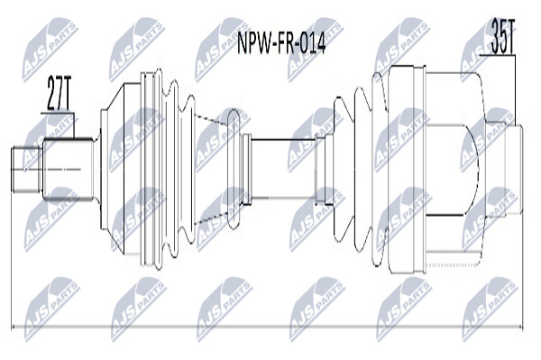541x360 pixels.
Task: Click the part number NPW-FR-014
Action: coord(281,44)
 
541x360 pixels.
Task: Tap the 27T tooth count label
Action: coord(59,94)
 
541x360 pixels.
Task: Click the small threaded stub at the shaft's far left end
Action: coord(26,170)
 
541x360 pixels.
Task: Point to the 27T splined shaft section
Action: coord(68,169)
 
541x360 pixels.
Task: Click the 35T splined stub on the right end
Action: coord(514,170)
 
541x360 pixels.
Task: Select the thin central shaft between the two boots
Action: coord(283,169)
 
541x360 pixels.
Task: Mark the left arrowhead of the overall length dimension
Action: coord(14,327)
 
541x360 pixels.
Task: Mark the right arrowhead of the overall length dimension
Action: coord(520,327)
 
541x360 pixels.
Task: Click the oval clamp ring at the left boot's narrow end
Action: coord(234,169)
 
